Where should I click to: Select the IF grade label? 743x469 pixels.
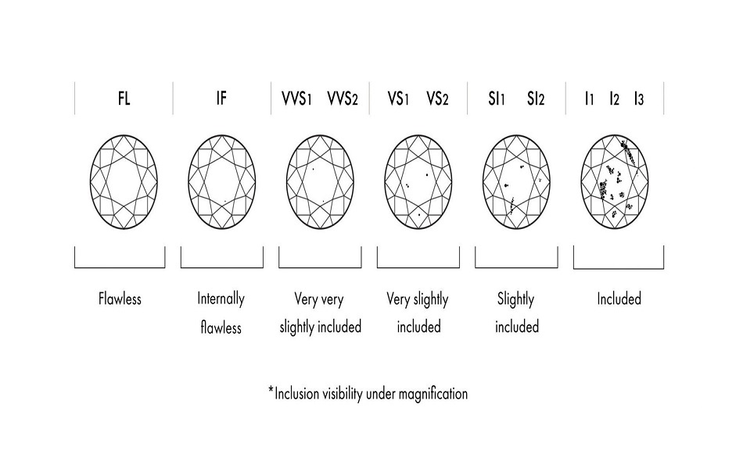click(221, 98)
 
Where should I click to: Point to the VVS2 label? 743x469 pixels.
click(343, 98)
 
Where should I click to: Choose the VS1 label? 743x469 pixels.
click(399, 98)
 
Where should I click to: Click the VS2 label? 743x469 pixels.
click(438, 98)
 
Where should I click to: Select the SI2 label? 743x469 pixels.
click(536, 98)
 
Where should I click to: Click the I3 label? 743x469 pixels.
click(640, 98)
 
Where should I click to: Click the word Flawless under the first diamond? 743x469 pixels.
click(120, 299)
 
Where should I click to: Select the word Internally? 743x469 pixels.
click(221, 299)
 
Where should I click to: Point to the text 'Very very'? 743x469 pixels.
click(320, 299)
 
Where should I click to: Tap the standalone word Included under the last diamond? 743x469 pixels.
click(619, 299)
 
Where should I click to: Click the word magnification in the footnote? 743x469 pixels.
click(429, 394)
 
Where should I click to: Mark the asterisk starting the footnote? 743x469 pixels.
click(271, 389)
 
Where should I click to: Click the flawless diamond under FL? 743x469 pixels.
click(124, 182)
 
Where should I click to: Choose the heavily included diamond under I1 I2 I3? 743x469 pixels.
click(617, 182)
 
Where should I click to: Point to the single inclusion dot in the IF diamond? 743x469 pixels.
click(224, 202)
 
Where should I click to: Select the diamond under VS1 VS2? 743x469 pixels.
click(419, 182)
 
